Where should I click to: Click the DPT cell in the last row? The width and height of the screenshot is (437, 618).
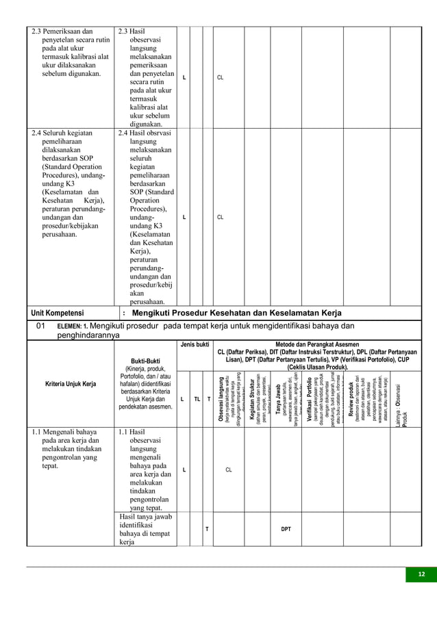(286, 529)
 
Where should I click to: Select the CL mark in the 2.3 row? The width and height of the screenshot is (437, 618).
(221, 78)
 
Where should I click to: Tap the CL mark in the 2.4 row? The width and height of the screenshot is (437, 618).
(221, 217)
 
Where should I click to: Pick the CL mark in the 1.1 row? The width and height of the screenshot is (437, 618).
(229, 470)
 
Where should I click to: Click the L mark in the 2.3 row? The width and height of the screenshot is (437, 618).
(183, 78)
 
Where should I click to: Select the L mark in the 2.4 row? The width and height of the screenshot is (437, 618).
(183, 217)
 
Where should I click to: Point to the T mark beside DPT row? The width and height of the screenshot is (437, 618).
(207, 529)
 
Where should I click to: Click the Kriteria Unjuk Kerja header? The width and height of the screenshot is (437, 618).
(71, 383)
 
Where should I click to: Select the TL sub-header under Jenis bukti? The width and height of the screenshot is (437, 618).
(197, 398)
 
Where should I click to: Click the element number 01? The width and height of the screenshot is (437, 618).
(40, 326)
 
